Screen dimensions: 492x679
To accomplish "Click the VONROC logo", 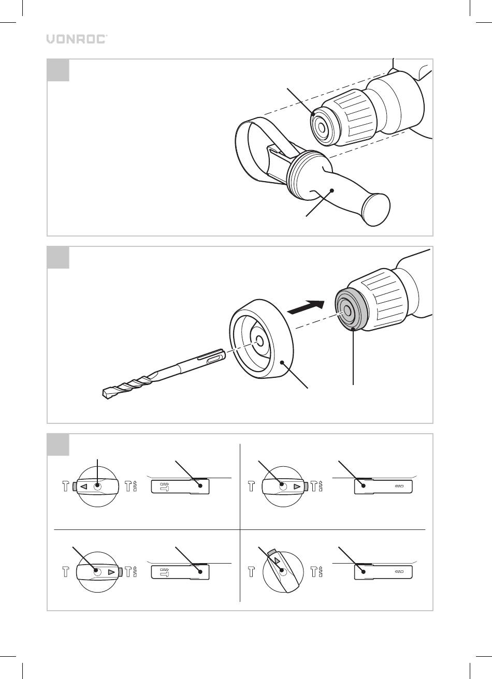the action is pos(77,39).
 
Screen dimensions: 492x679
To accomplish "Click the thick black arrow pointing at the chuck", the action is pos(306,307).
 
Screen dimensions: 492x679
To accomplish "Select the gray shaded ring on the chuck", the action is pos(351,308).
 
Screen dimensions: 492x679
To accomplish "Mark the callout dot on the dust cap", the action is pos(282,362).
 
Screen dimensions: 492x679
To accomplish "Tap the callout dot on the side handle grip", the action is pos(332,190).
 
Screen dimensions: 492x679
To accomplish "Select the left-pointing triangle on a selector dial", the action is pos(84,486).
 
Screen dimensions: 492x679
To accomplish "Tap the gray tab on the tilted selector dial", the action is pos(271,552).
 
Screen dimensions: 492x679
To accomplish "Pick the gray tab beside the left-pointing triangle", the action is pos(74,486).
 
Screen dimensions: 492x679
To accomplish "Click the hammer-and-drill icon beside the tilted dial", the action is pos(316,572).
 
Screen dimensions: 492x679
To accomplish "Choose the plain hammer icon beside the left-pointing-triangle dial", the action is pos(66,486).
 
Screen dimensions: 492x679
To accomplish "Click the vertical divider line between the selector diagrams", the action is pos(240,523).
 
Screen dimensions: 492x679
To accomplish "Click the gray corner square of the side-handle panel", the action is pos(58,70).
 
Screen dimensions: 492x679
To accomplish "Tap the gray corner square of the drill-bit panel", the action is pos(58,257).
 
